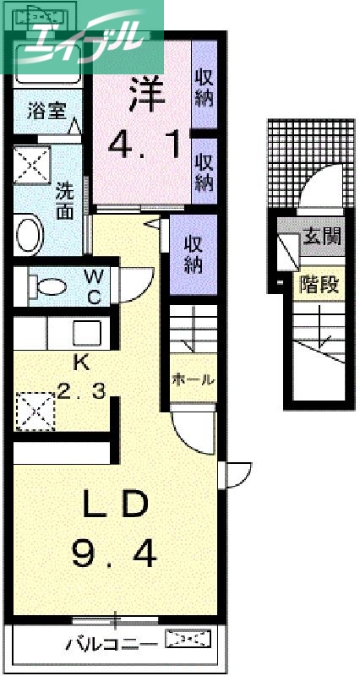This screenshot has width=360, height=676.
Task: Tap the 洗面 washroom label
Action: [x=65, y=199]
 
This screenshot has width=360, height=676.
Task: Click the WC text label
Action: [x=94, y=286]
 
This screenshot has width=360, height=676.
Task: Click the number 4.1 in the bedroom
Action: [x=145, y=144]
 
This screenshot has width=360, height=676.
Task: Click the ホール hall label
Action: [x=194, y=379]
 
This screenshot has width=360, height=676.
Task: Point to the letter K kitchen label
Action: [x=82, y=363]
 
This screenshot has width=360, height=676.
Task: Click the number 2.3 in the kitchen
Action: [x=82, y=391]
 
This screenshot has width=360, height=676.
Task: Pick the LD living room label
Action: [x=116, y=505]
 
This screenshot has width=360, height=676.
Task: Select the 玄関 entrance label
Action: [x=321, y=236]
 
